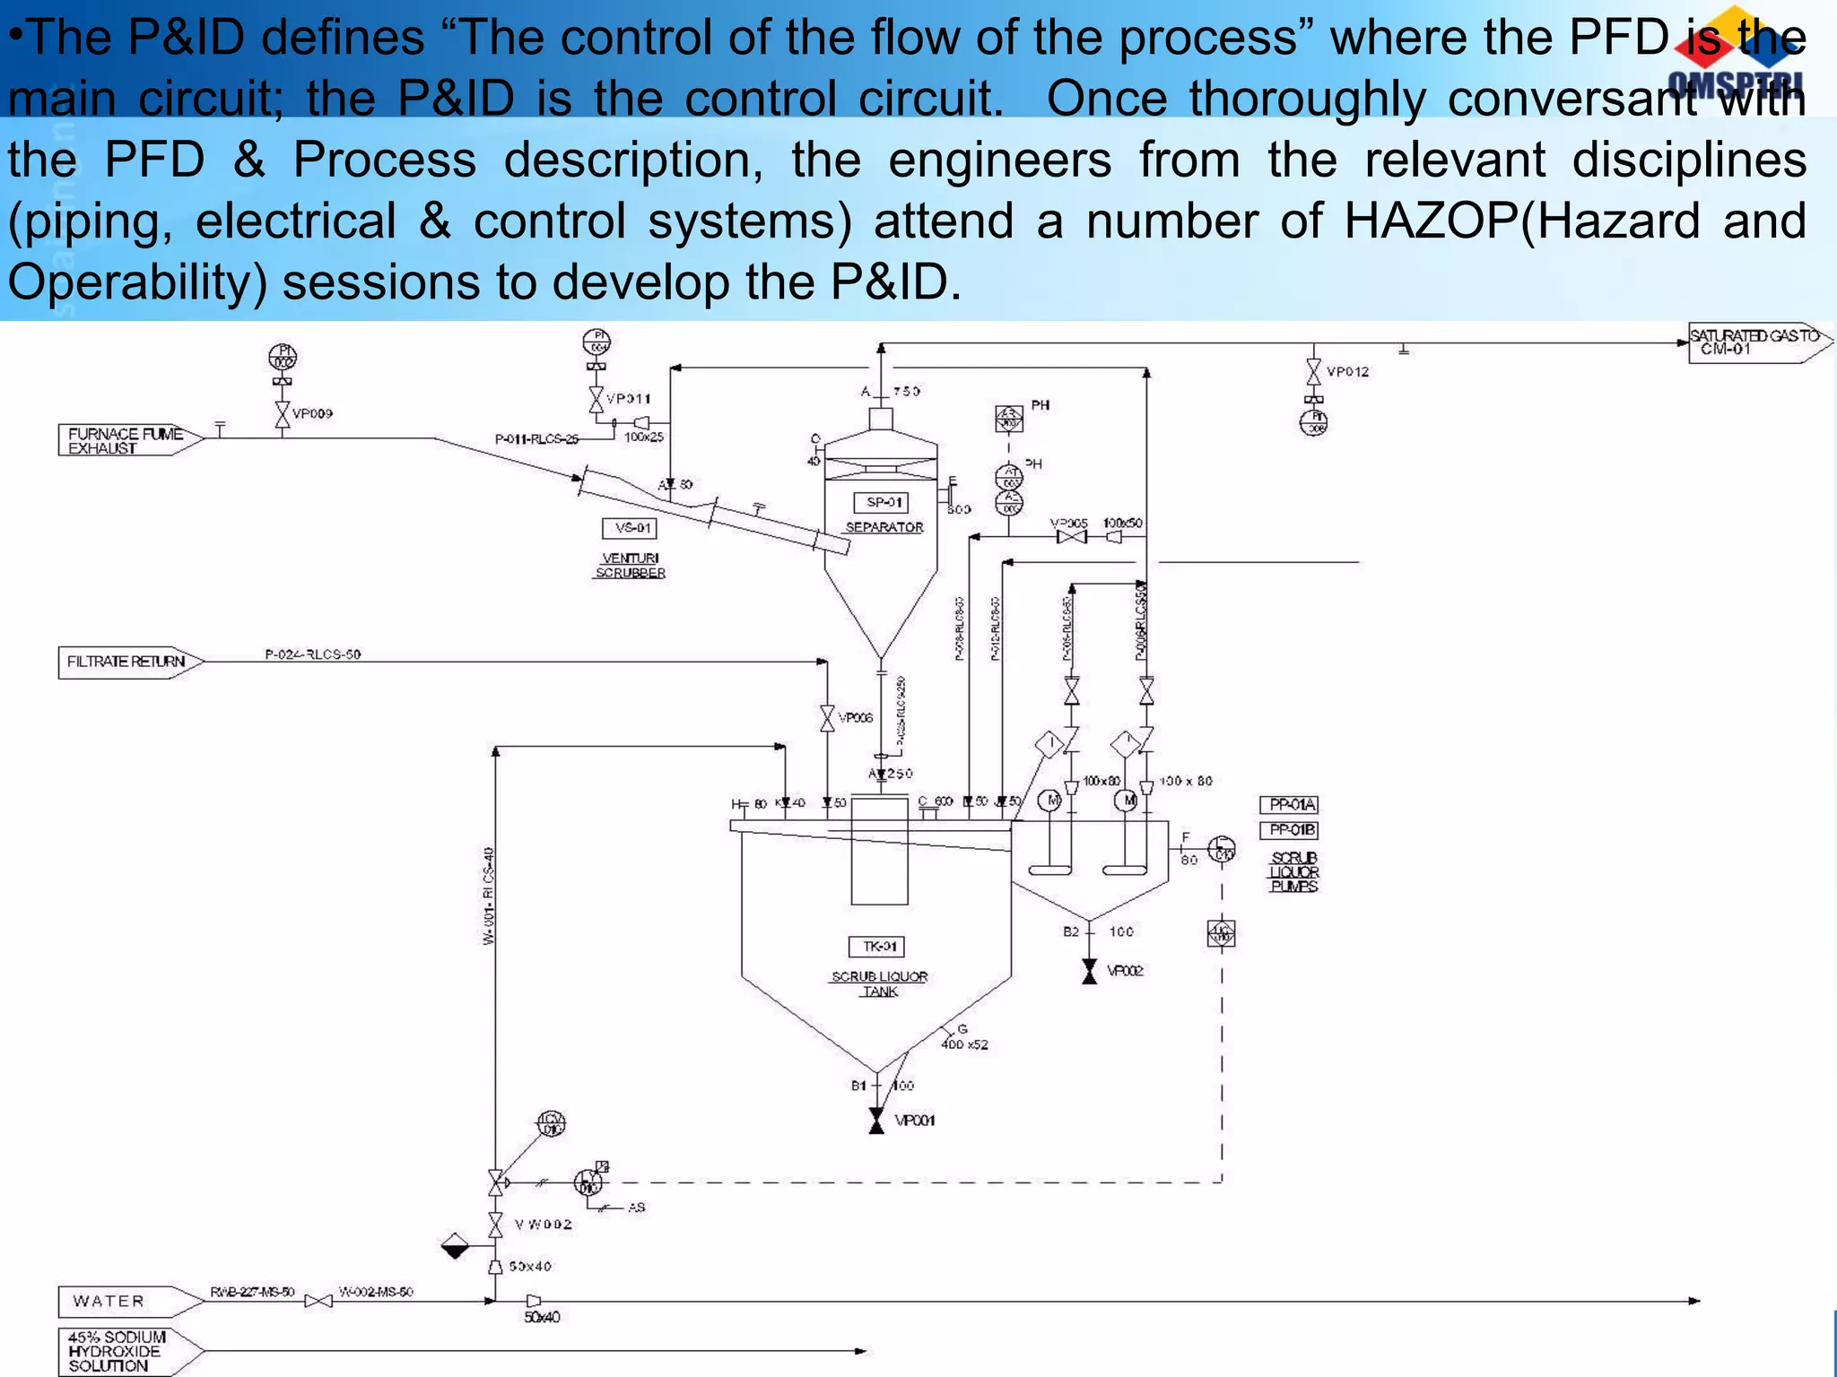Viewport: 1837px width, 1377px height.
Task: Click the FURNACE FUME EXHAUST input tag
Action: point(126,440)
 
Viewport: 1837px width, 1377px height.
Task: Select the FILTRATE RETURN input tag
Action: point(126,662)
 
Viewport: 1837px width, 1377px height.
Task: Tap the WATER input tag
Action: point(109,1301)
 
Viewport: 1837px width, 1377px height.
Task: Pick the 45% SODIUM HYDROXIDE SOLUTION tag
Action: point(117,1352)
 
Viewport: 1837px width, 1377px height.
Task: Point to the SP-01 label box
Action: point(882,503)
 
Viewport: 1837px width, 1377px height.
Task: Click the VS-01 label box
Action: point(630,528)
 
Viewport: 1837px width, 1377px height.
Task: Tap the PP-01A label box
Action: point(1289,805)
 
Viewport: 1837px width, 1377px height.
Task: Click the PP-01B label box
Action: point(1289,830)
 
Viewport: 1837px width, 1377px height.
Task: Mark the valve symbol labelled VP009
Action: point(283,414)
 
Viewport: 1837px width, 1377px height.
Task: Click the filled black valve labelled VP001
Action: point(877,1121)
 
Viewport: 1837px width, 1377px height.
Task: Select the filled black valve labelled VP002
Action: point(1089,971)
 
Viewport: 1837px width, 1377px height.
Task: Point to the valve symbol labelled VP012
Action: point(1314,371)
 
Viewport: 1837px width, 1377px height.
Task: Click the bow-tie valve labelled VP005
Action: point(1072,537)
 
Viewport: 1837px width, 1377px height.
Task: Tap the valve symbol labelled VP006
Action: point(827,718)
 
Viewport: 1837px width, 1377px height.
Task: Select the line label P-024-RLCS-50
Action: point(312,654)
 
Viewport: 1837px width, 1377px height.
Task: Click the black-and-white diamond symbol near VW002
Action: point(456,1246)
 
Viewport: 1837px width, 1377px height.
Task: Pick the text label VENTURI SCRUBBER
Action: point(631,566)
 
